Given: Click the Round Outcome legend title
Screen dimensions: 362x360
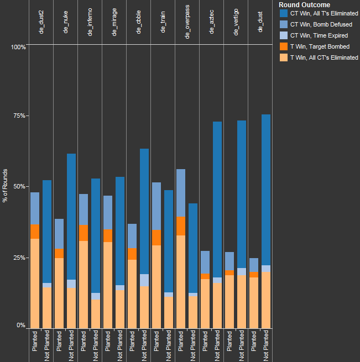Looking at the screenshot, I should (305, 5).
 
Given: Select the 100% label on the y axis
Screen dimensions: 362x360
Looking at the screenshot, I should (18, 47).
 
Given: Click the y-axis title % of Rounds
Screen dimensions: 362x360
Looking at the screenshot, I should (6, 186).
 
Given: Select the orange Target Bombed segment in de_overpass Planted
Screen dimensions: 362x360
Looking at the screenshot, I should (181, 225).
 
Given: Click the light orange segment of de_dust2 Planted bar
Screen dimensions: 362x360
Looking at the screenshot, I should (35, 282).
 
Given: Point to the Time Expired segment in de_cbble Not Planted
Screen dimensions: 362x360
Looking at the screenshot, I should (144, 280).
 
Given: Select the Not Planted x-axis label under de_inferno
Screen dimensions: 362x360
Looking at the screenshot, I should (96, 345).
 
